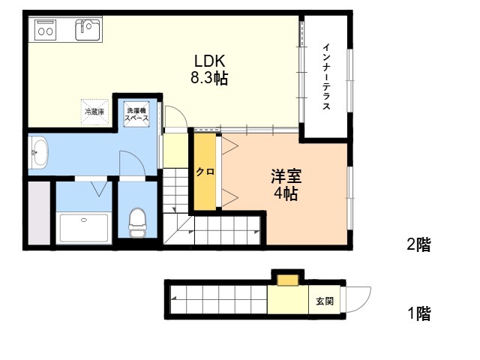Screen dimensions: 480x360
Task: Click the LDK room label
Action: (210, 61)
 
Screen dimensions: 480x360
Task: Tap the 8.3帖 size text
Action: (209, 78)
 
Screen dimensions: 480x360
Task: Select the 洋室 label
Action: (286, 176)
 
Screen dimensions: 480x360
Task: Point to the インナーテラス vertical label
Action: (327, 76)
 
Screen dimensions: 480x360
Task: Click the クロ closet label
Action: (205, 172)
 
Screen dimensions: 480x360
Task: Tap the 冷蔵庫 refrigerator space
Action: (94, 112)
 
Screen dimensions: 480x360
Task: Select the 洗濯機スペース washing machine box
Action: (136, 114)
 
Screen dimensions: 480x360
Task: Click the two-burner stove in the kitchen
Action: (46, 29)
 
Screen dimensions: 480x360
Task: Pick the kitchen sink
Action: (88, 30)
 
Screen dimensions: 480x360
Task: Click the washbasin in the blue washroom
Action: (39, 152)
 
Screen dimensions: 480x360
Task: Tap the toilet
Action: (137, 223)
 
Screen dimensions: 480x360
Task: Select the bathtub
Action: (84, 228)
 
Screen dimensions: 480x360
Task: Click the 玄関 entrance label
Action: (325, 301)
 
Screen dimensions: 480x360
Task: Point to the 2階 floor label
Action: (418, 244)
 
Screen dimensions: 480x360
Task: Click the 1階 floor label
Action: (419, 313)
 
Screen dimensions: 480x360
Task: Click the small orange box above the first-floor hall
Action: (288, 280)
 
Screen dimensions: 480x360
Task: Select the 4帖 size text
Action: (286, 193)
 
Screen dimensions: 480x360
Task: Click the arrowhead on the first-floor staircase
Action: (173, 298)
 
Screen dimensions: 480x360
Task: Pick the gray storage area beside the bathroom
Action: (39, 213)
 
